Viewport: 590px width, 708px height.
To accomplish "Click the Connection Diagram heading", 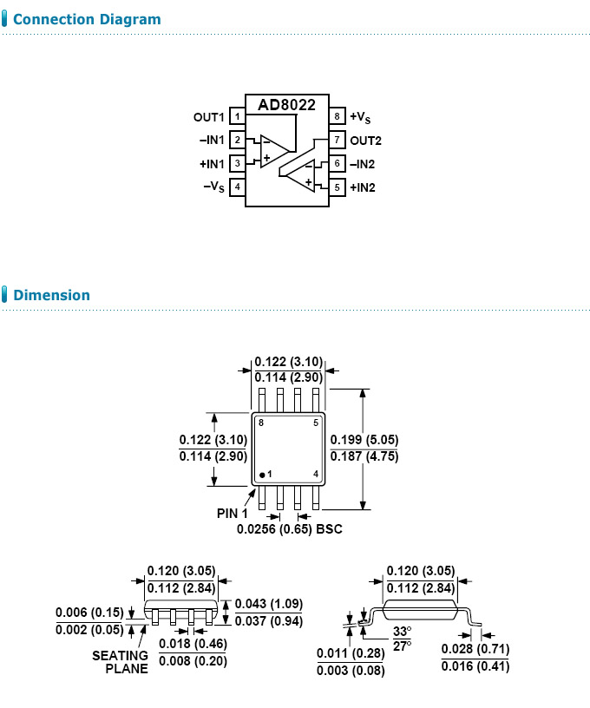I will tap(87, 19).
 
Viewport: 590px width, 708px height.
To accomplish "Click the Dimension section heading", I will tap(51, 295).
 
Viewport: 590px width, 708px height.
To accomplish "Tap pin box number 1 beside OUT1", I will tap(237, 116).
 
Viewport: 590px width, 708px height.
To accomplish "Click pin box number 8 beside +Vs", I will tap(337, 116).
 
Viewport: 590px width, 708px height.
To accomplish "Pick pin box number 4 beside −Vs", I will tap(237, 187).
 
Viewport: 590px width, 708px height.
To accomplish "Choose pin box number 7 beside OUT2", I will tap(337, 140).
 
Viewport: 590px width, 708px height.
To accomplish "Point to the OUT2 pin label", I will tap(365, 140).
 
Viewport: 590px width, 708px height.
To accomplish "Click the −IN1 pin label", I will tap(212, 140).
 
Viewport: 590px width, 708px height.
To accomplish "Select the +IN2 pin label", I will tap(365, 187).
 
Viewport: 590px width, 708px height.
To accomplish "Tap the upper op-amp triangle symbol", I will tap(272, 150).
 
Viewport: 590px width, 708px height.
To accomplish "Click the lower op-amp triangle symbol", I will tap(300, 175).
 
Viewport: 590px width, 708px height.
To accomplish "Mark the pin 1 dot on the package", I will tap(262, 475).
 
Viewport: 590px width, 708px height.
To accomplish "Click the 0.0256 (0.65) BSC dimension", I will tap(289, 528).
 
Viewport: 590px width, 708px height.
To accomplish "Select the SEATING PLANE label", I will tap(120, 662).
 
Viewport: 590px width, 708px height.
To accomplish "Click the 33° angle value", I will tap(402, 631).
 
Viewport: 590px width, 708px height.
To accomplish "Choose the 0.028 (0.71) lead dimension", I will tap(475, 649).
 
